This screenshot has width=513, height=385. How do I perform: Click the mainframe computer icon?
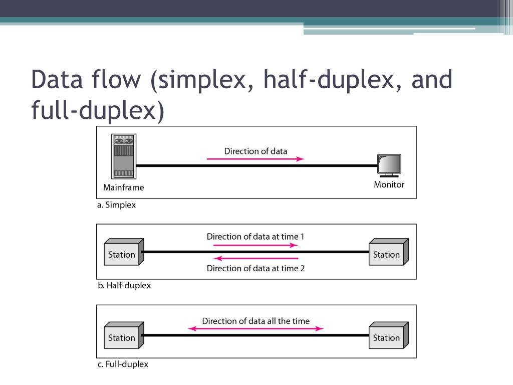point(123,156)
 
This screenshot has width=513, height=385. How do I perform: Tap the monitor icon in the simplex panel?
point(389,166)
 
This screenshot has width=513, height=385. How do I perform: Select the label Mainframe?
point(123,187)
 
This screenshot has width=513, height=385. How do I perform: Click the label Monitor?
point(389,184)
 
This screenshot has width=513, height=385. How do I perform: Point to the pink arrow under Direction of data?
point(255,159)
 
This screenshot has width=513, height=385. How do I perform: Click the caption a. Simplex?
point(117,205)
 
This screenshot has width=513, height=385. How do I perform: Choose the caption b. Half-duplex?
point(124,285)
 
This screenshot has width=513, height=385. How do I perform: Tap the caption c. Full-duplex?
point(123,364)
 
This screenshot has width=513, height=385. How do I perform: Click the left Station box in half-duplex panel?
point(123,253)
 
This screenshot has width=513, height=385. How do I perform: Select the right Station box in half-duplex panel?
point(388,253)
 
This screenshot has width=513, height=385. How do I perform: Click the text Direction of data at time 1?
point(255,236)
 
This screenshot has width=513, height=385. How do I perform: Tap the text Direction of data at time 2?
point(255,268)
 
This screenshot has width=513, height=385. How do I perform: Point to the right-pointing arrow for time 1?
point(255,245)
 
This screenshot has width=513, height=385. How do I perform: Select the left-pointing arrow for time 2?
point(255,258)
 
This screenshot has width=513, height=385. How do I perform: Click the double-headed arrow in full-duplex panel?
point(255,329)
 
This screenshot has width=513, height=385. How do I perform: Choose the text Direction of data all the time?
point(255,321)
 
